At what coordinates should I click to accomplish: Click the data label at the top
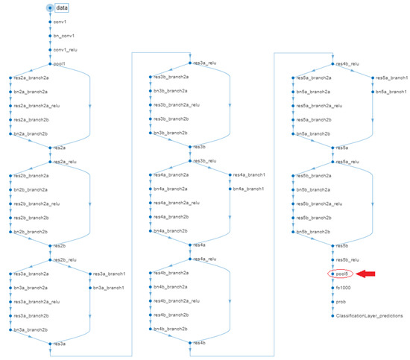(63, 7)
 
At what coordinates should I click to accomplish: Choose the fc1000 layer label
(344, 288)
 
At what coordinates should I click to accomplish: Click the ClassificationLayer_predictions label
(370, 315)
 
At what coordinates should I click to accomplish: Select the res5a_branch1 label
(392, 78)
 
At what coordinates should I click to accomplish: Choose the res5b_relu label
(349, 259)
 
